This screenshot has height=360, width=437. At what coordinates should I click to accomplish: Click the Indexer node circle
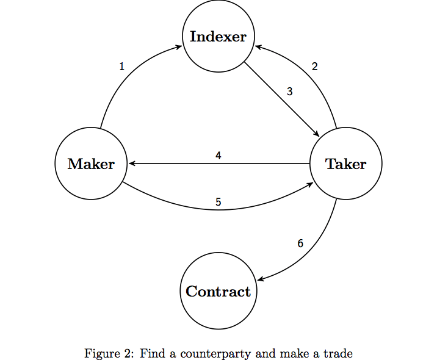point(218,36)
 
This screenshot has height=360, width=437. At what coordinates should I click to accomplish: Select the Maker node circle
point(91,164)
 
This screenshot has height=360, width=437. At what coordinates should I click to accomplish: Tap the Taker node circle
point(346,164)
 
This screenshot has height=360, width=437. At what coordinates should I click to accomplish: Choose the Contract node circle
point(218,291)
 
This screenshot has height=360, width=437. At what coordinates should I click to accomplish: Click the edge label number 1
point(121,67)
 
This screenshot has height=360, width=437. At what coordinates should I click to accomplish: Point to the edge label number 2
point(315,67)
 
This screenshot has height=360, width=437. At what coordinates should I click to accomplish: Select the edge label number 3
point(290,92)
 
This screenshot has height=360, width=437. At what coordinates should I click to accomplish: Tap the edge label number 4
point(218,156)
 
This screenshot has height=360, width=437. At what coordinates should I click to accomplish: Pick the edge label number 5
point(218,202)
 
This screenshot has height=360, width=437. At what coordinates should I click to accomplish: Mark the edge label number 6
point(300,243)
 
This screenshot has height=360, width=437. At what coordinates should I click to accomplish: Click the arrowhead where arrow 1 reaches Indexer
point(179,47)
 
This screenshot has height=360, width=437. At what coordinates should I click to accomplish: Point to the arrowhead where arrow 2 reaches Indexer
point(257,47)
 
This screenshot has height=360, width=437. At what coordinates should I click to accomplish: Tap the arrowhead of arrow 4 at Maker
point(130,164)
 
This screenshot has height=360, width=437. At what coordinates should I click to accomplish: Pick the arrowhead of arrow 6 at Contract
point(259,279)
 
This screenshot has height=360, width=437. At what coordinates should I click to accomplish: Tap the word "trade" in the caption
point(339,353)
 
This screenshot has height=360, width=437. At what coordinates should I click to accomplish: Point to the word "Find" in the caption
point(150,353)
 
